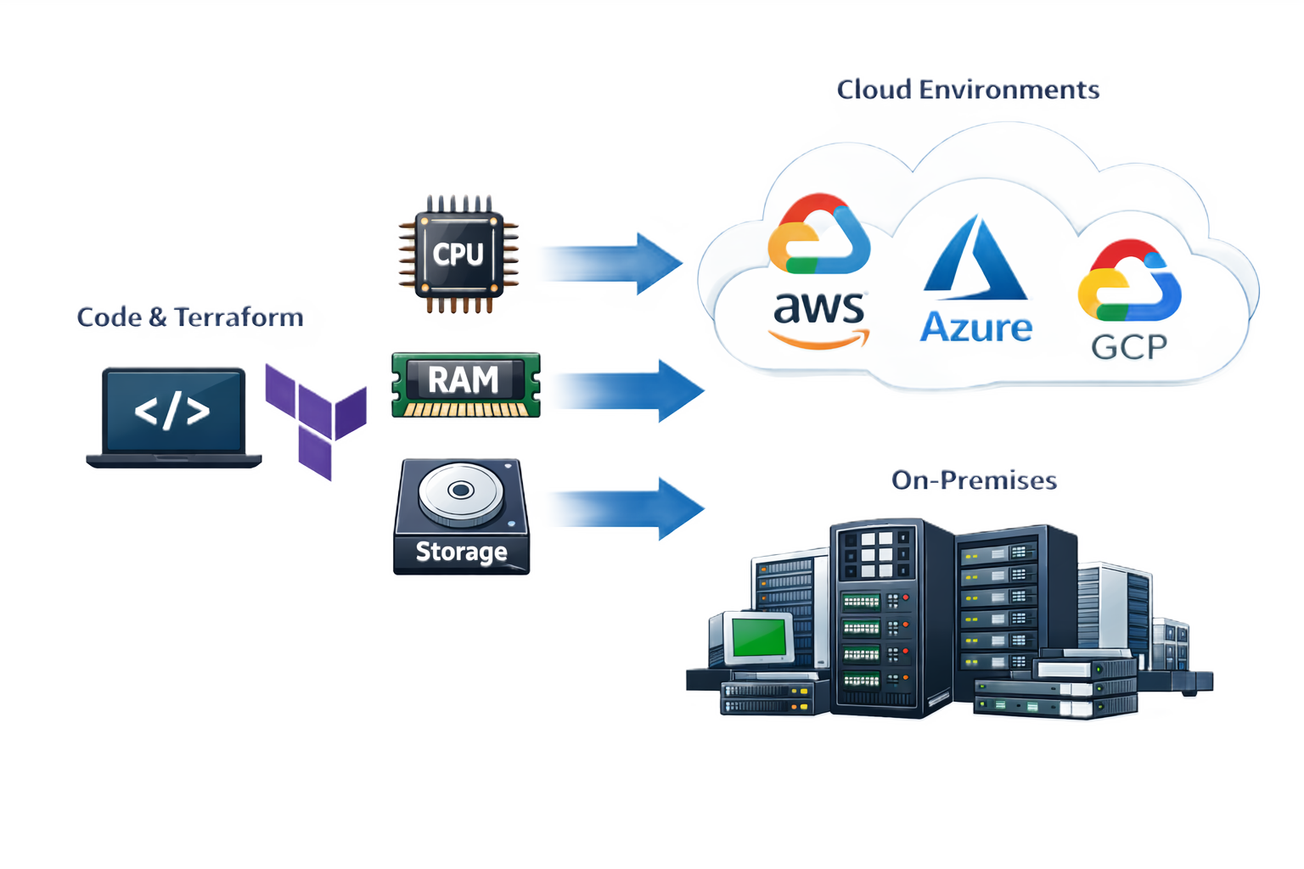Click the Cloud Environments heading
[x=968, y=89]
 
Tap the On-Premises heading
[x=974, y=479]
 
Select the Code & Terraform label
[x=190, y=317]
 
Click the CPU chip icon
[x=458, y=254]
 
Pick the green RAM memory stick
[x=465, y=384]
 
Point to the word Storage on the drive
[x=461, y=552]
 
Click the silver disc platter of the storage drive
[x=461, y=492]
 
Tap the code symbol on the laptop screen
[x=172, y=411]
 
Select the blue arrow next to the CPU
[x=611, y=262]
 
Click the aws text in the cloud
[x=819, y=307]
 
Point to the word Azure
[x=976, y=327]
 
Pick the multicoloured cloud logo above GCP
[x=1129, y=280]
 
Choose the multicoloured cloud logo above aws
[x=819, y=234]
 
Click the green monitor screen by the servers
[x=758, y=636]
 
